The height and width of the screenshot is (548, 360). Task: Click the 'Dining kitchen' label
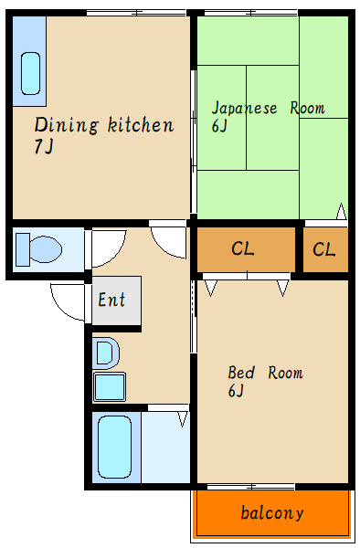104,125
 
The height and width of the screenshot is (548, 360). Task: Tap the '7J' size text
44,146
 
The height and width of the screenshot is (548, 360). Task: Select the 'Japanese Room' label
268,108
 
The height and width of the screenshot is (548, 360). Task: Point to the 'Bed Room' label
265,373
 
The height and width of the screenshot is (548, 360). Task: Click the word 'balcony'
272,513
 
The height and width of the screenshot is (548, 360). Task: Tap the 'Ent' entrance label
111,300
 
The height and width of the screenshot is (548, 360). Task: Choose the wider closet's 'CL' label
243,248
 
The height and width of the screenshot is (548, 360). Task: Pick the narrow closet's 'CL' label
324,249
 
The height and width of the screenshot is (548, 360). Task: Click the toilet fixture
38,249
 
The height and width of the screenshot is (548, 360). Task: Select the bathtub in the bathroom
115,447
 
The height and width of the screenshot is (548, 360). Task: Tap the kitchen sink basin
31,73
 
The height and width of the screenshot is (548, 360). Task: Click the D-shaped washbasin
106,353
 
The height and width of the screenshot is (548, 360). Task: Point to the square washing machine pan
110,386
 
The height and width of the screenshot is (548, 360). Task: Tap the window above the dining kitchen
136,13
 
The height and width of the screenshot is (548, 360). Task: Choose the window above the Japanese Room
250,13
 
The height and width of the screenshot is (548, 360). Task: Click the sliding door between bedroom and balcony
251,486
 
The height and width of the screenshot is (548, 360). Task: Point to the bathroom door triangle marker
183,419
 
